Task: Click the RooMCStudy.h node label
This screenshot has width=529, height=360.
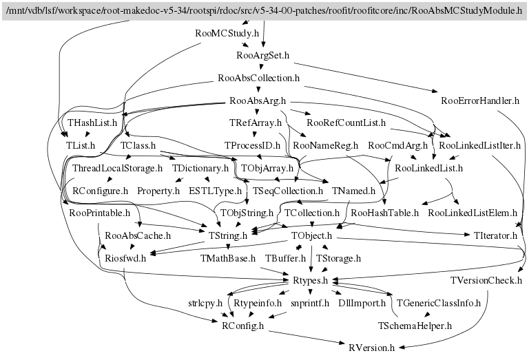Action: tap(227, 33)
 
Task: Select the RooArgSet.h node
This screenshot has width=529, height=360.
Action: tap(262, 55)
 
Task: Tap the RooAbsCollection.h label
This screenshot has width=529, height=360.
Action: tap(258, 78)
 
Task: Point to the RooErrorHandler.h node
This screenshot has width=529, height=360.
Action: tap(479, 100)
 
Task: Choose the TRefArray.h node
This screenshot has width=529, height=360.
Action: tap(256, 123)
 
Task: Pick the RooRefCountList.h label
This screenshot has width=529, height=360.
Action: tap(346, 123)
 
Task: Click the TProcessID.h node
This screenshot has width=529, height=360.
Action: tap(252, 146)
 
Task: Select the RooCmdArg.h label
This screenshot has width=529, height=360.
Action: tap(397, 146)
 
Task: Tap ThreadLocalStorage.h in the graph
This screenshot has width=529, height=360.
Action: tap(117, 168)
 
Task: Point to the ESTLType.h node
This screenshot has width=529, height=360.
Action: tap(215, 190)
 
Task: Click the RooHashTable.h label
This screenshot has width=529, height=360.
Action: tap(384, 213)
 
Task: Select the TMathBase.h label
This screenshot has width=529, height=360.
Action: tap(227, 258)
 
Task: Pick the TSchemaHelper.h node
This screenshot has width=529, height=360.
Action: tap(414, 325)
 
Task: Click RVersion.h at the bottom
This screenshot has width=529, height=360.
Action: tap(371, 348)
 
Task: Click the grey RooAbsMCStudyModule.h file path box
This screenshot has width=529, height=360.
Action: tap(264, 10)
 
